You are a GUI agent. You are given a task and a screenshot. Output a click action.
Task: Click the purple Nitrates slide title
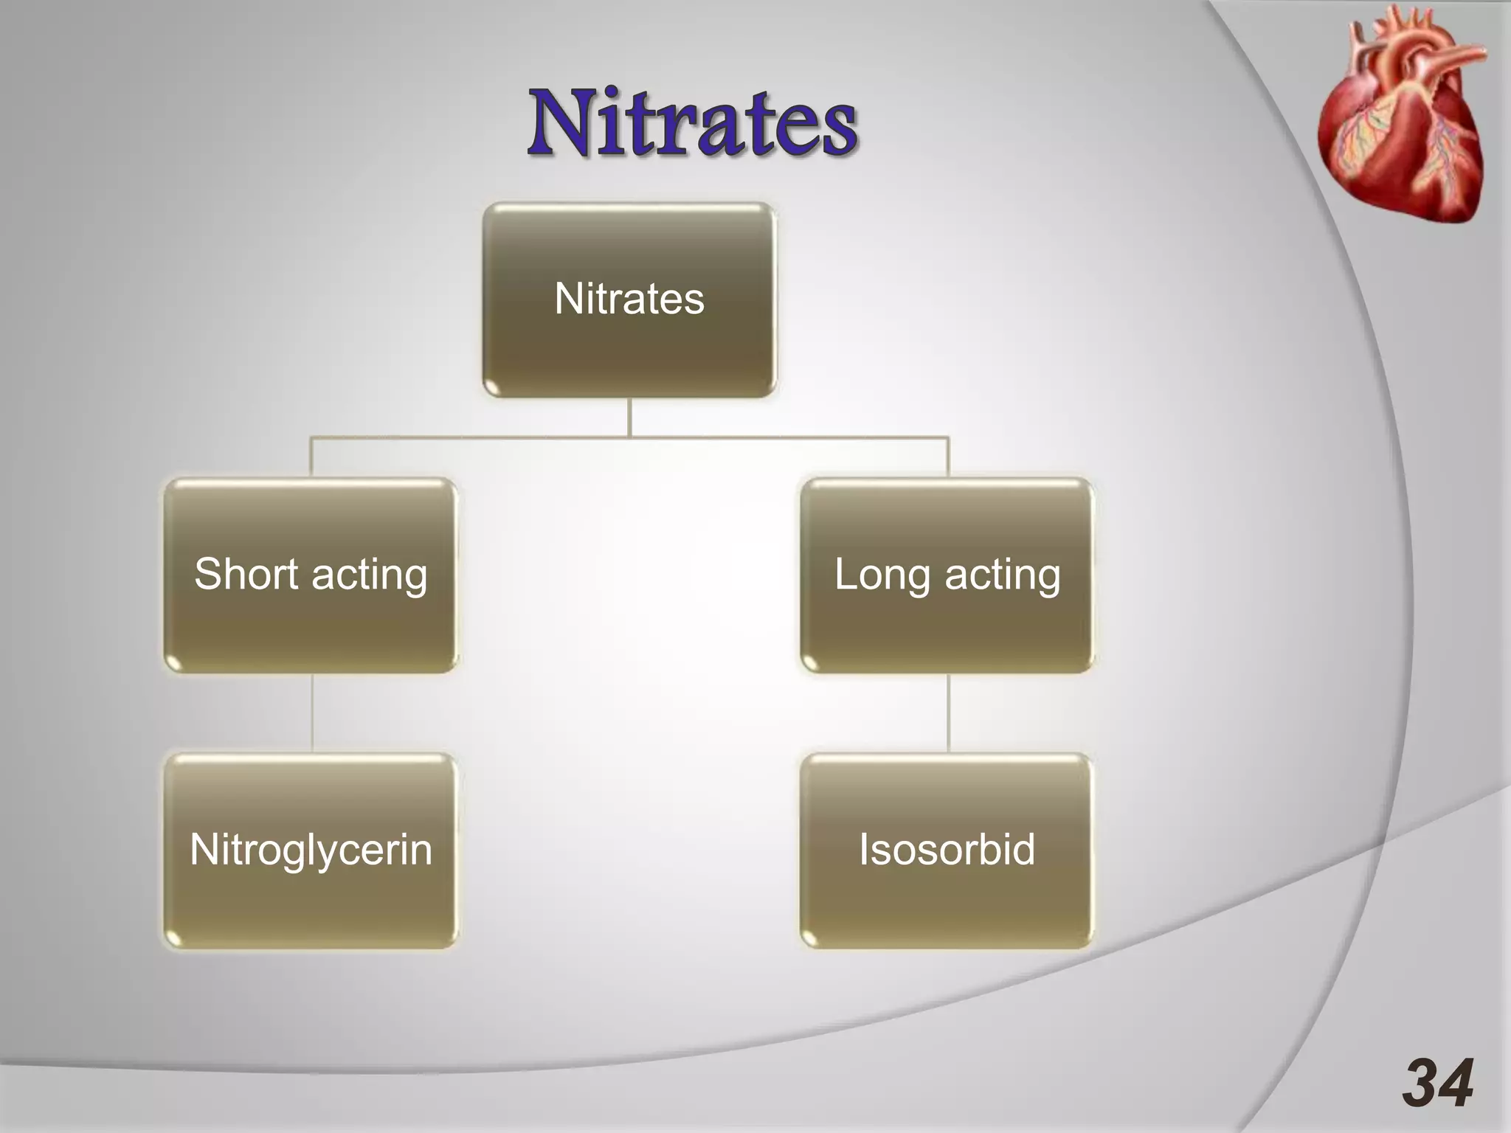(692, 122)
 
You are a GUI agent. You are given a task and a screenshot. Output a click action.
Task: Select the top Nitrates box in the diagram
(629, 299)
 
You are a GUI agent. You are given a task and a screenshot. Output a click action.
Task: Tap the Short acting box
(311, 575)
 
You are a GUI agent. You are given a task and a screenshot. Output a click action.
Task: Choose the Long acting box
(947, 575)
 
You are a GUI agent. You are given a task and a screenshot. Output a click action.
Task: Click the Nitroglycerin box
(311, 850)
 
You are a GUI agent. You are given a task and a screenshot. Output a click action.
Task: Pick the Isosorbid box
(947, 850)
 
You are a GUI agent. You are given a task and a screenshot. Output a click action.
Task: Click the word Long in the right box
(881, 575)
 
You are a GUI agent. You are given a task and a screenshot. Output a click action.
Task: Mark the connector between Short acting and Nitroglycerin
(311, 713)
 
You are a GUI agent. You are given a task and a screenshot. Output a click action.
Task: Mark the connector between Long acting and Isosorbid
(948, 713)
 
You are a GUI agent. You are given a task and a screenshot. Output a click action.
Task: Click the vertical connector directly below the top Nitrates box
(629, 417)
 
